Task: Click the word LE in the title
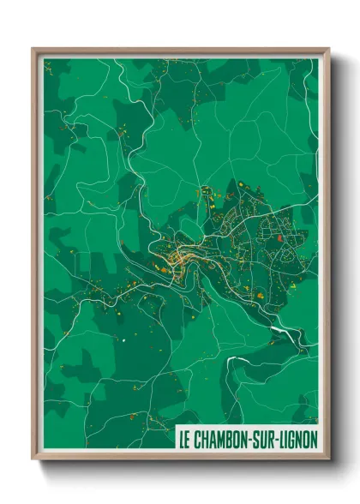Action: (x=184, y=439)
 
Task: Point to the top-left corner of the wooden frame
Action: (x=33, y=49)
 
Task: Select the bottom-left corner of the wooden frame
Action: (x=33, y=459)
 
